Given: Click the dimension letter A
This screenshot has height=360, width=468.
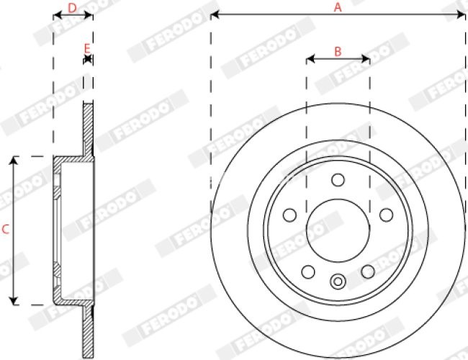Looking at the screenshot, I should (x=338, y=6).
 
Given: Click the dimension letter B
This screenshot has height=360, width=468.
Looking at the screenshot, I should (x=338, y=51).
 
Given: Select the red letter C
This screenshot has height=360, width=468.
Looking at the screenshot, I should (x=5, y=230).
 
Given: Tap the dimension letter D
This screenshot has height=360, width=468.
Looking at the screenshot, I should (x=72, y=7).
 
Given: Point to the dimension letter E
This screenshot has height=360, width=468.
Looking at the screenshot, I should (x=87, y=48).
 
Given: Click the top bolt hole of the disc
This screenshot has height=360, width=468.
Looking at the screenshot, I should (x=338, y=180).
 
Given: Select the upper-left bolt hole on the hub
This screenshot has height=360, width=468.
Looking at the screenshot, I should (x=290, y=215).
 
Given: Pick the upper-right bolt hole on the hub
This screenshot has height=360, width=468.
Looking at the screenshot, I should (x=386, y=215).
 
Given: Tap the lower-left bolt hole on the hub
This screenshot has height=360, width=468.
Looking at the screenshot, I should (x=308, y=271).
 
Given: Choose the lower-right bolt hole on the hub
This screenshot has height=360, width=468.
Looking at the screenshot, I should (x=368, y=271).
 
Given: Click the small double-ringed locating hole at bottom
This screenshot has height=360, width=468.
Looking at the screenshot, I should (x=338, y=282).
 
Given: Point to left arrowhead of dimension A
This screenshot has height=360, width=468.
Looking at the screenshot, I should (x=214, y=14).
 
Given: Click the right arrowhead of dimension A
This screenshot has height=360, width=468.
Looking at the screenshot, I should (x=462, y=14).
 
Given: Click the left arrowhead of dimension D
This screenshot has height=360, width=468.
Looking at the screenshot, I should (x=56, y=15).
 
